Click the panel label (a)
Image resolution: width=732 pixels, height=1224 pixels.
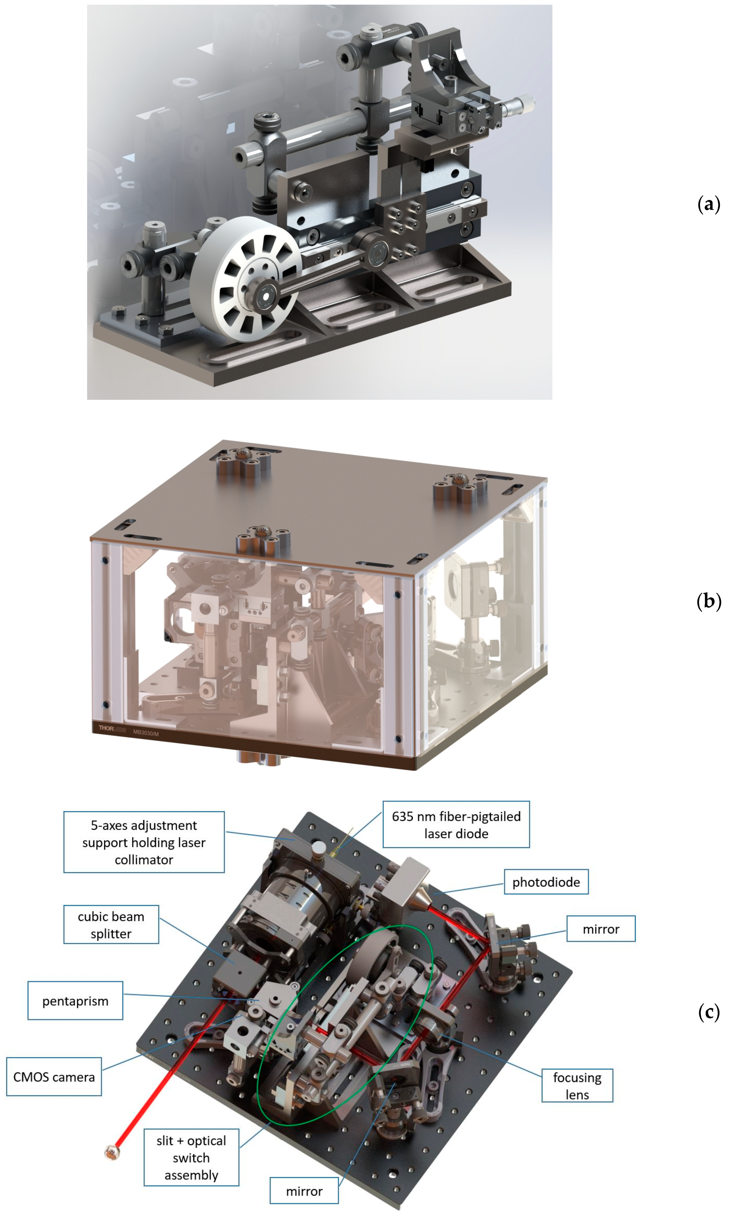point(709,204)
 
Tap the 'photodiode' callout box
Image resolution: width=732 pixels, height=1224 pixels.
point(546,882)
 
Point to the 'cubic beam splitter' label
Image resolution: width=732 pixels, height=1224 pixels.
point(111,925)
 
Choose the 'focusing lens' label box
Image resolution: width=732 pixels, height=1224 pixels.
point(577,1085)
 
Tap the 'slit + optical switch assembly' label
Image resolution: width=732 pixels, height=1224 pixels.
point(191,1157)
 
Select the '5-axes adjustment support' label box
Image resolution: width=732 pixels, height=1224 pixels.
point(144,842)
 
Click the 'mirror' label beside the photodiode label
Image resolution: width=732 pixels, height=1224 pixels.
point(601,929)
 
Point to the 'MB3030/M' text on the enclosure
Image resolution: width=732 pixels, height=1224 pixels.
point(146,733)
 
